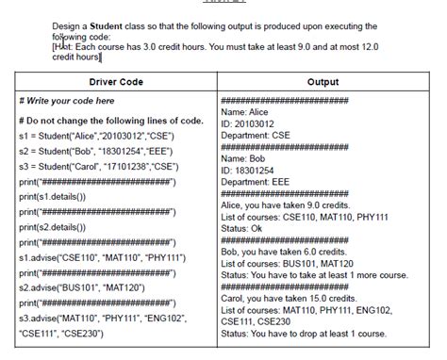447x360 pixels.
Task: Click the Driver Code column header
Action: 117,83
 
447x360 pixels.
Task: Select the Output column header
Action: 323,83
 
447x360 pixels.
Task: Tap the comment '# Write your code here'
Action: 66,101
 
